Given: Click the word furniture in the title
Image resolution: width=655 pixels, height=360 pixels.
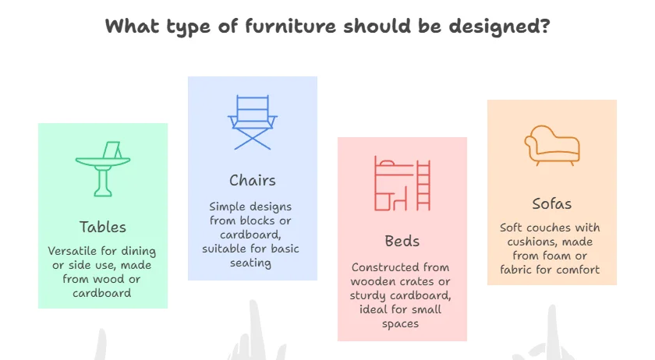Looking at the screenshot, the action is coord(290,26).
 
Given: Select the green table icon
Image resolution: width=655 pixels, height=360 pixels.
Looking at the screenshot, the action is coord(103,169).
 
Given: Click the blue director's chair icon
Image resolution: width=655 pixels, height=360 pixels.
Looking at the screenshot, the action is coord(253,122).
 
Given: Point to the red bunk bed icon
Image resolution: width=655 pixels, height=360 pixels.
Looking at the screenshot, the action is coord(402,183).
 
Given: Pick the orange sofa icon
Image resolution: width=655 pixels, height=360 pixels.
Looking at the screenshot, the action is coord(552,146).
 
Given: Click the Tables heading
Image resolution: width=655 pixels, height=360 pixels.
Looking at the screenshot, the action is coord(103,228).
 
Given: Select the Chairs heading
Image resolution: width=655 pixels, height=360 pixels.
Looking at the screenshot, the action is coord(253,181).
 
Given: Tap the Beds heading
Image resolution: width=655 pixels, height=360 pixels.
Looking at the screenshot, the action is coord(402,241).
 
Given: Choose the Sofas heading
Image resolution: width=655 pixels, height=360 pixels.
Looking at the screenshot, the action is coord(552,204).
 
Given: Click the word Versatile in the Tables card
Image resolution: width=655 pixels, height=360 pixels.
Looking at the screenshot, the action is coord(73,251).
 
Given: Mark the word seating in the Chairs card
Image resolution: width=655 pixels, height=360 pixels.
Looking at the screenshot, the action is coord(250,263).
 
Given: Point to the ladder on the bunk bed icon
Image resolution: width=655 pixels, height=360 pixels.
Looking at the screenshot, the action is coord(423,186).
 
